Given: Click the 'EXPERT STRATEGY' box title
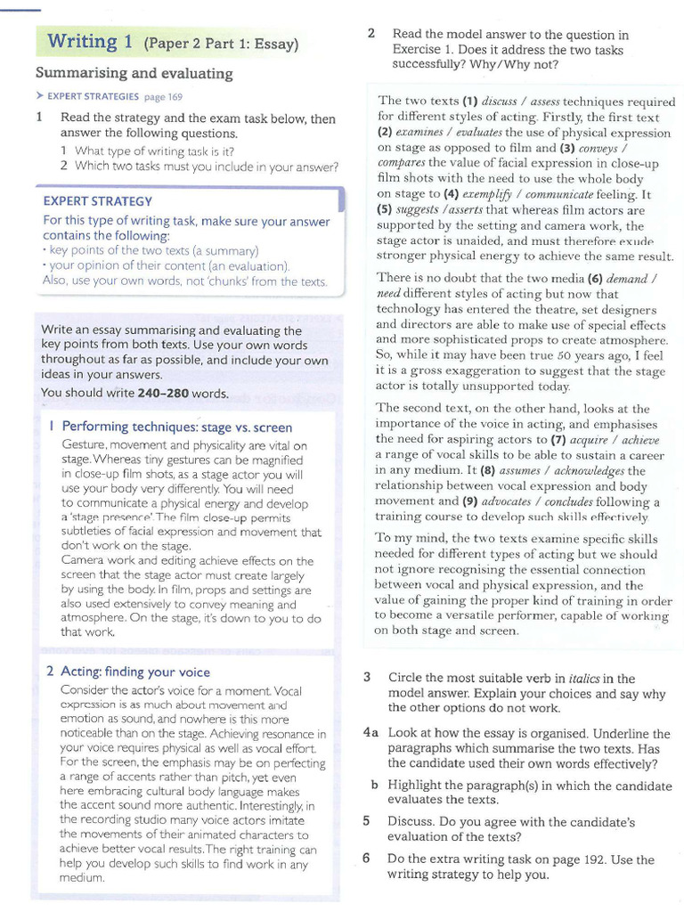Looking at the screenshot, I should pyautogui.click(x=98, y=201).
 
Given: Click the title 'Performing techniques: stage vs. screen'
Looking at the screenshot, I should pyautogui.click(x=176, y=427).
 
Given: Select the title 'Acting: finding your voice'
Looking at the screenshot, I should pyautogui.click(x=135, y=672).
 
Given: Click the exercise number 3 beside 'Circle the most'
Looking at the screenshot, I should pyautogui.click(x=367, y=678).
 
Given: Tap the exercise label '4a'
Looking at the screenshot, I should pyautogui.click(x=370, y=733).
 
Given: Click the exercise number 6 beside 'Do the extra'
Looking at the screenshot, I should pyautogui.click(x=366, y=859).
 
